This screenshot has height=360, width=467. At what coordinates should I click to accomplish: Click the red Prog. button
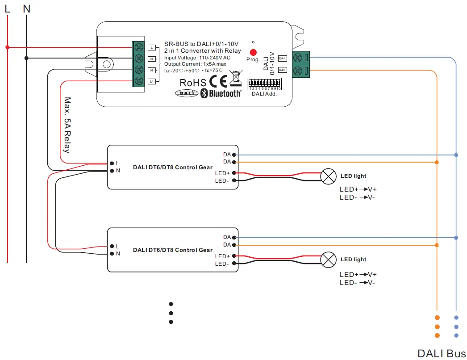(253, 52)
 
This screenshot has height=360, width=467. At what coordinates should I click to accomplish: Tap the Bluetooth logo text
(221, 93)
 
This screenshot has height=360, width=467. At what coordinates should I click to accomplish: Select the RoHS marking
(193, 83)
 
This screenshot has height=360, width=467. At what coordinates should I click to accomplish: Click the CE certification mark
(218, 82)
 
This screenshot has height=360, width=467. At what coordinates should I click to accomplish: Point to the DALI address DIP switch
(264, 84)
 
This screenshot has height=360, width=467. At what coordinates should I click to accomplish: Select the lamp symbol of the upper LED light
(329, 176)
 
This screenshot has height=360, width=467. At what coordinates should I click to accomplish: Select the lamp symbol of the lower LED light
(329, 260)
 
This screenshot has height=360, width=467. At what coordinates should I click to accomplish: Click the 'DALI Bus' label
(441, 353)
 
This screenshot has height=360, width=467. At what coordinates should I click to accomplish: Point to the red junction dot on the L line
(7, 47)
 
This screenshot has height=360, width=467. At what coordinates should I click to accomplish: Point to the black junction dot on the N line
(26, 58)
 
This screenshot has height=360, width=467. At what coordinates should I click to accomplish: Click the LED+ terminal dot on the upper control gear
(234, 173)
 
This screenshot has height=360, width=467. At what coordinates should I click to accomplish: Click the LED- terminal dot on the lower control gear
(234, 264)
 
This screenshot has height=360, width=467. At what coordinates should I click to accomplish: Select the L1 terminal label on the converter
(152, 81)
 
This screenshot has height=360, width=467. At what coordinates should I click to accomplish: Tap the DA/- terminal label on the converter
(282, 59)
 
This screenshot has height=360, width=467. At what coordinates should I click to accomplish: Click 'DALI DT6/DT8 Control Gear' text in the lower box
(172, 250)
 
